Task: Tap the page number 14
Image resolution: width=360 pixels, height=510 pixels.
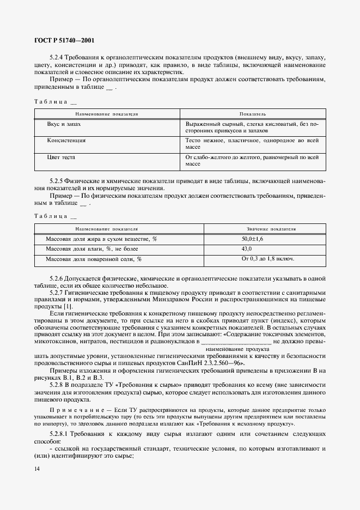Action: pos(37,468)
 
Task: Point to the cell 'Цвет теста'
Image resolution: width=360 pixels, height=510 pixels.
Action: pos(61,157)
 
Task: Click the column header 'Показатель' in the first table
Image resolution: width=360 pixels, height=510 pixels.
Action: pos(252,114)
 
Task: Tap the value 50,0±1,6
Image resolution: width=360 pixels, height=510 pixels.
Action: pos(252,239)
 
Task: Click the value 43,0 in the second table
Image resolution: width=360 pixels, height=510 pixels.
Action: pos(247,249)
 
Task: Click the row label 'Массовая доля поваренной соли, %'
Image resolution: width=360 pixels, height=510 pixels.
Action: pos(93,259)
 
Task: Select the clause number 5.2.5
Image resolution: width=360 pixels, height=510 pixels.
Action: pos(56,180)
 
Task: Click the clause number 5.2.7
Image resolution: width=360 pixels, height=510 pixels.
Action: pos(56,292)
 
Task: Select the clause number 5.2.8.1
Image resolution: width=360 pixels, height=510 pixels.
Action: pos(59,432)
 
